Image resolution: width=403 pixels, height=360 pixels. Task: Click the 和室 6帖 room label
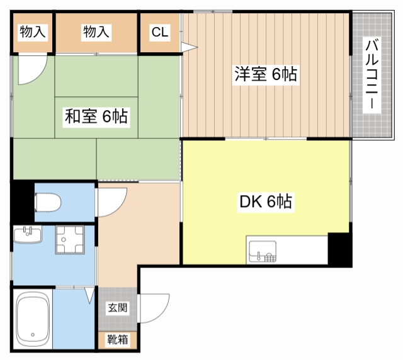pyautogui.click(x=96, y=116)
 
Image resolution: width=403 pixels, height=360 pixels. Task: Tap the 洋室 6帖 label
pyautogui.click(x=265, y=74)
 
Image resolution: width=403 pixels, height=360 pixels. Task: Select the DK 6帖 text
pyautogui.click(x=264, y=202)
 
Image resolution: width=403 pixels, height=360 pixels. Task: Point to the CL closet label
pyautogui.click(x=160, y=32)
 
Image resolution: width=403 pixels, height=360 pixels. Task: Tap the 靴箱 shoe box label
pyautogui.click(x=117, y=340)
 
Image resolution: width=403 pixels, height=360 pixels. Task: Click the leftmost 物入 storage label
pyautogui.click(x=32, y=32)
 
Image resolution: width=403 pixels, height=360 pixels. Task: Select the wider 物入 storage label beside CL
pyautogui.click(x=96, y=32)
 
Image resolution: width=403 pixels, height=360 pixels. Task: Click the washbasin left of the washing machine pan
pyautogui.click(x=26, y=235)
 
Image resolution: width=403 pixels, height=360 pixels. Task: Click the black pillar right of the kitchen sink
pyautogui.click(x=339, y=249)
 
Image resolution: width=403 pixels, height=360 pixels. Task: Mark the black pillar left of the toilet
pyautogui.click(x=22, y=200)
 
